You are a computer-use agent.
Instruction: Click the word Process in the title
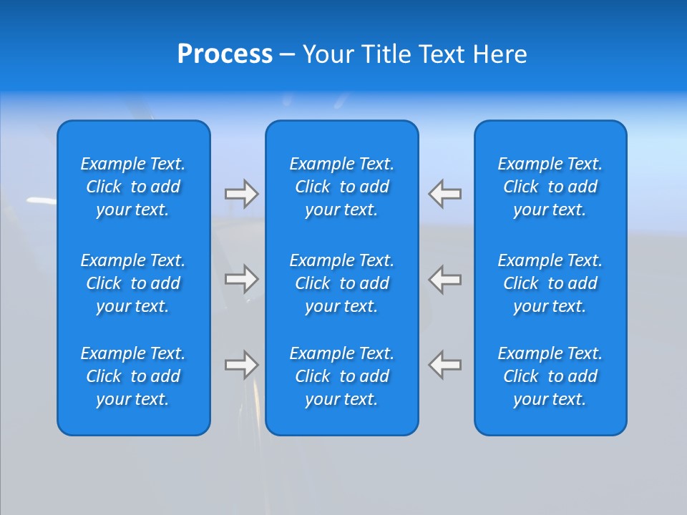[x=225, y=54]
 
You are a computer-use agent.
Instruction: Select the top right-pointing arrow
[x=241, y=194]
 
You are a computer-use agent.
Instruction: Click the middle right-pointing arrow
[x=241, y=278]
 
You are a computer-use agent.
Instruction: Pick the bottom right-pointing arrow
[x=241, y=365]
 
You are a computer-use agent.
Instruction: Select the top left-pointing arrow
[x=445, y=194]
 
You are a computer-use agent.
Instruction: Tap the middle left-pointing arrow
[x=445, y=278]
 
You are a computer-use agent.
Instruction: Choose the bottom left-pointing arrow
[x=445, y=365]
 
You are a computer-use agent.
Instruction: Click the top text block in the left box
[x=133, y=187]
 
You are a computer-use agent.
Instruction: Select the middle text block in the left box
[x=133, y=283]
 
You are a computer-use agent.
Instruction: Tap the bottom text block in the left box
[x=133, y=376]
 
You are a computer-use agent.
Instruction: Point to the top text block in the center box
[x=341, y=187]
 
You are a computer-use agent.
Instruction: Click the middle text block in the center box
[x=341, y=283]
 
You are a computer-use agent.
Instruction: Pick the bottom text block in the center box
[x=341, y=376]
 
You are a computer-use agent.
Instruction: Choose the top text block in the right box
[x=550, y=187]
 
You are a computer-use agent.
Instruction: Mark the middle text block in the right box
[x=550, y=283]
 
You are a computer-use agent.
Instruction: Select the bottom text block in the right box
[x=550, y=376]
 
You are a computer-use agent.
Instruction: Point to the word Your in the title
[x=328, y=54]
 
